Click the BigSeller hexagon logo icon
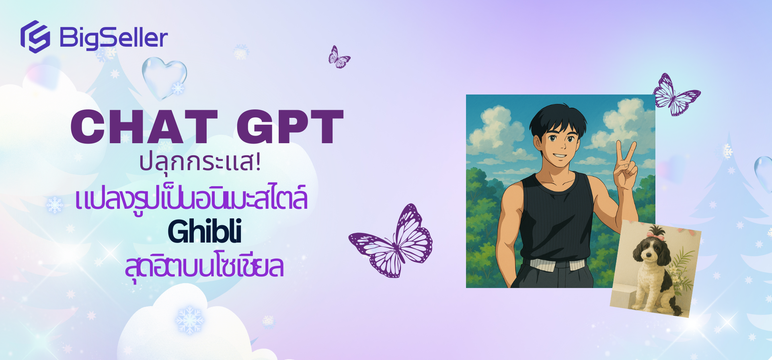(x=35, y=37)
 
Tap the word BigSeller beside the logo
(x=114, y=38)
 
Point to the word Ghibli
(x=205, y=232)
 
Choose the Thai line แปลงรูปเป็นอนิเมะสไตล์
(x=192, y=199)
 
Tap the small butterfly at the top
(x=339, y=58)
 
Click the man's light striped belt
(x=557, y=264)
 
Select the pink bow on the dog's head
(x=652, y=234)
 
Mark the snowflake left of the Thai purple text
(x=55, y=205)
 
